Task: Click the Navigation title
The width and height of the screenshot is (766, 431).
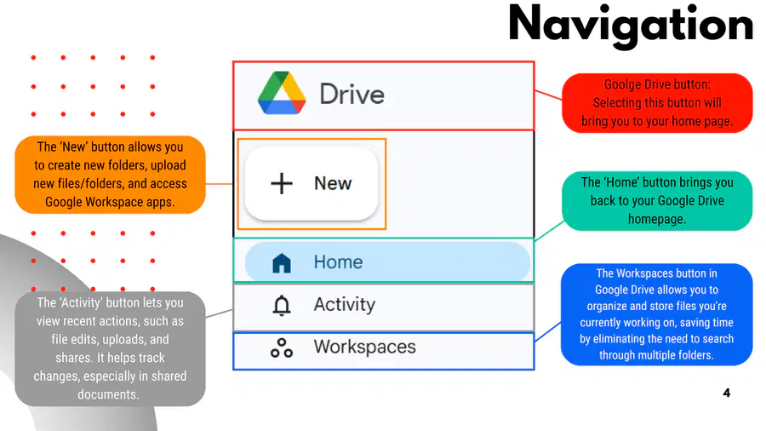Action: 631,26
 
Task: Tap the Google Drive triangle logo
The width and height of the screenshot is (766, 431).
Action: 282,93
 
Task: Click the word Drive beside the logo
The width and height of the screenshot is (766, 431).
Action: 352,95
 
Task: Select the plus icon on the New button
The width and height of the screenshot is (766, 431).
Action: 282,184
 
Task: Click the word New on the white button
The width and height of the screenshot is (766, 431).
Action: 333,184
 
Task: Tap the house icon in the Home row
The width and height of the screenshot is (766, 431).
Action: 282,263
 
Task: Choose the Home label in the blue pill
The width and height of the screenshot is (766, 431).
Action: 338,262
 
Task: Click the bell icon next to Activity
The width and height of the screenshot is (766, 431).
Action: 282,306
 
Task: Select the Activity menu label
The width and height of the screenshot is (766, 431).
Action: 345,305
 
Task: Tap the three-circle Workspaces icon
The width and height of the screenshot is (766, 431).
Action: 282,348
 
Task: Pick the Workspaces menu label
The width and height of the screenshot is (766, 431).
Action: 365,347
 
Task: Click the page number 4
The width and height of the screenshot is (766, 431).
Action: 727,393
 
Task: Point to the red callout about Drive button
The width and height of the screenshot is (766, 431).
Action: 657,103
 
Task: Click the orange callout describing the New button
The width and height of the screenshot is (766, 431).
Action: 110,175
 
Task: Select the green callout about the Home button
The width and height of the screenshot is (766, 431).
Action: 657,201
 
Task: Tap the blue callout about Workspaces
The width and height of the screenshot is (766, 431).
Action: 656,314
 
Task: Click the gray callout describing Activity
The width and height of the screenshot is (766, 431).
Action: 110,349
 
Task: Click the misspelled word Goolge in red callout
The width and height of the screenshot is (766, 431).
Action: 622,84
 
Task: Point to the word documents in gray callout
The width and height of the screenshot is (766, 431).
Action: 108,394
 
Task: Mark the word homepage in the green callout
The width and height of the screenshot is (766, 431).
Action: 656,220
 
